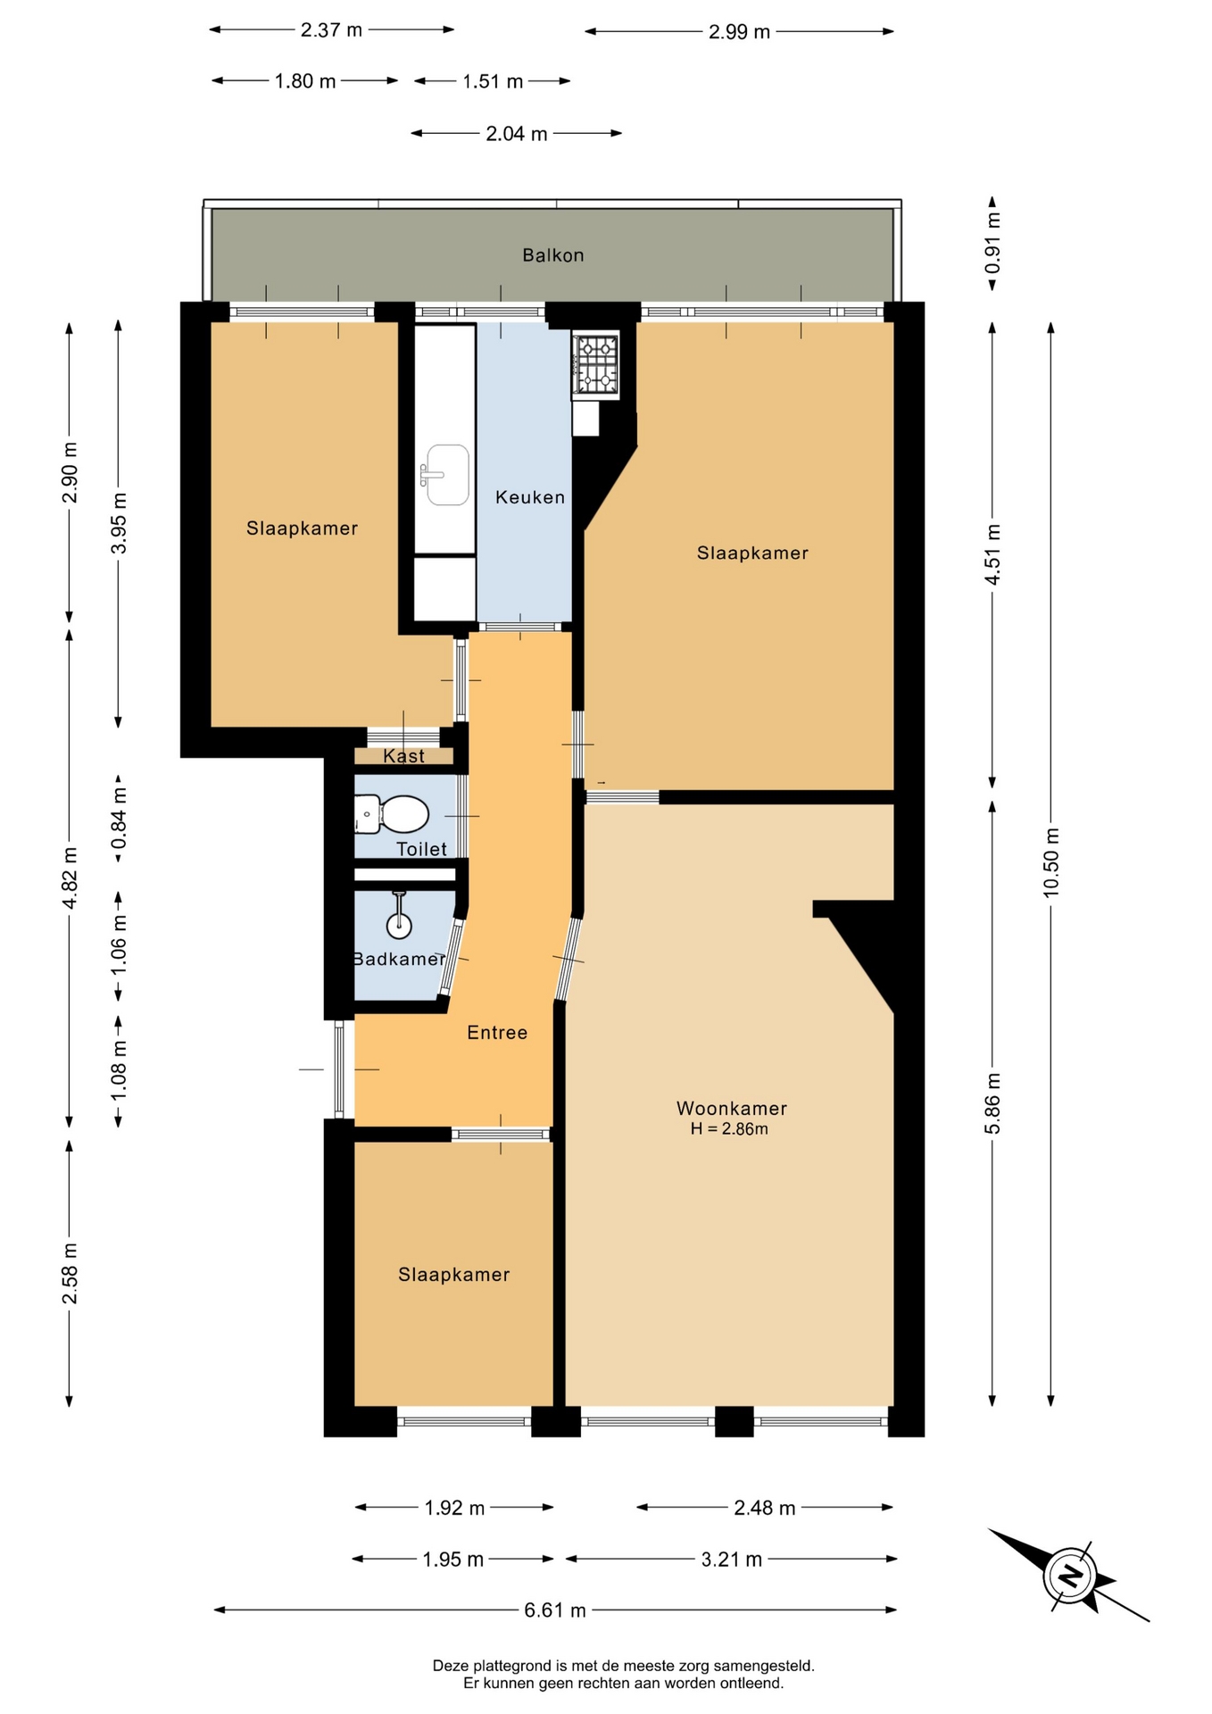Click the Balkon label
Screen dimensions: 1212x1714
[x=553, y=255]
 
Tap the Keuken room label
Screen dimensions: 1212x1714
[x=530, y=497]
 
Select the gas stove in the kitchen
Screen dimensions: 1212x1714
[x=595, y=364]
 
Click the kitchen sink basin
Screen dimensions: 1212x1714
[x=447, y=475]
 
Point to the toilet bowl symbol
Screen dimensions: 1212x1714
[x=392, y=814]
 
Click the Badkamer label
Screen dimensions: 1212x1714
[x=399, y=959]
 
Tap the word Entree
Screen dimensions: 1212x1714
[x=497, y=1033]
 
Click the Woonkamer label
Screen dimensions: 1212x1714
[x=732, y=1109]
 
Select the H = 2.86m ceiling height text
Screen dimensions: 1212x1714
[x=729, y=1129]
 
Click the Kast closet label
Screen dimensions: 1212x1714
[x=404, y=756]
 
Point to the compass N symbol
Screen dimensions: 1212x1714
[x=1070, y=1575]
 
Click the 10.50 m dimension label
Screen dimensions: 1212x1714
[x=1050, y=862]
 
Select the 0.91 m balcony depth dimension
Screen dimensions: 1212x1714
[x=992, y=244]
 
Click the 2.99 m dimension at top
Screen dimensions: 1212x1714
[x=739, y=32]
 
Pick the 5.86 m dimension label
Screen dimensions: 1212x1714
[x=992, y=1103]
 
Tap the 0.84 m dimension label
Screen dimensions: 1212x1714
[x=119, y=819]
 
